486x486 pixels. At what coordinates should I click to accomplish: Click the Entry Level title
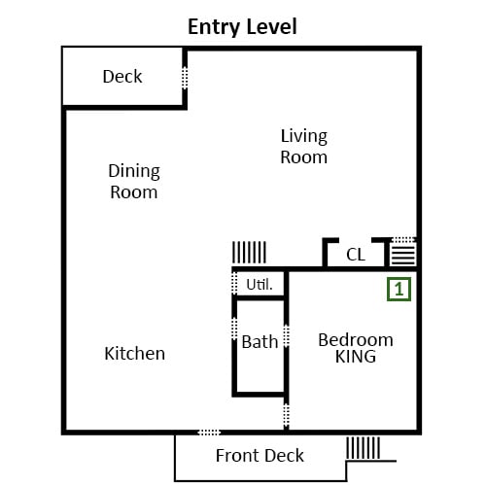coord(242,27)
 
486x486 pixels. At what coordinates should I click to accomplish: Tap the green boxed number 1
coord(399,289)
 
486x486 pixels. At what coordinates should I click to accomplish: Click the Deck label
coord(122,77)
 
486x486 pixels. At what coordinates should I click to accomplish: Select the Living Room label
coord(304,147)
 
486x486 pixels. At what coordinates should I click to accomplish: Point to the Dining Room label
coord(134,182)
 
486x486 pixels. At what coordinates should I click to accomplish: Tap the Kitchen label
coord(135,353)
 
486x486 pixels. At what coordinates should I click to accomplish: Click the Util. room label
coord(260,285)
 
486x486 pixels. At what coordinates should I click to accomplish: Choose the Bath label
coord(260,342)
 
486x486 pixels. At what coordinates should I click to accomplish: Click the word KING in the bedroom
coord(356,357)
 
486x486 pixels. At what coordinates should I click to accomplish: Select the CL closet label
coord(356,255)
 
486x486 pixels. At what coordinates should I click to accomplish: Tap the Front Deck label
coord(260,456)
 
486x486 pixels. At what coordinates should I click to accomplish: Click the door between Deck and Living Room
coord(185,78)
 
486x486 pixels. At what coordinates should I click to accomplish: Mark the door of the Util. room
coord(234,283)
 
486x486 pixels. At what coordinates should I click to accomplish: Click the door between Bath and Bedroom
coord(286,336)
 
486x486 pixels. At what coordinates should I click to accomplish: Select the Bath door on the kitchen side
coord(234,329)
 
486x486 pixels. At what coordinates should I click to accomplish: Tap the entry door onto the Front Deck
coord(209,433)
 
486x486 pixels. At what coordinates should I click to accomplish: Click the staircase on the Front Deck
coord(363,448)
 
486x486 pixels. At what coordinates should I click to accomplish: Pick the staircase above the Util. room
coord(249,253)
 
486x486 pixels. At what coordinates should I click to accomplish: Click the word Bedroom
coord(356,340)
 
